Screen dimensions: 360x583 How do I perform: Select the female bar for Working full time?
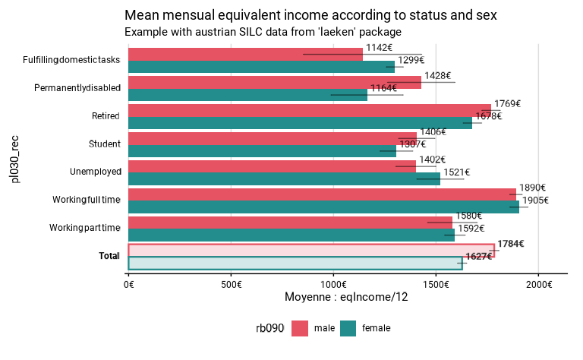click(323, 207)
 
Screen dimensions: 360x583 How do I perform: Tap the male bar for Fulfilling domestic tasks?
click(245, 54)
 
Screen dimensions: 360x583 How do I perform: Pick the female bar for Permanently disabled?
click(247, 95)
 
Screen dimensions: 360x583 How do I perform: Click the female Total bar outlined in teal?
click(295, 263)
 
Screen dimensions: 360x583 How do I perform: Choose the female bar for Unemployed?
click(284, 179)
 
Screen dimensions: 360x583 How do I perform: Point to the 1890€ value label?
click(532, 188)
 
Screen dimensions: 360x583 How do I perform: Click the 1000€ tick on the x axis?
click(333, 284)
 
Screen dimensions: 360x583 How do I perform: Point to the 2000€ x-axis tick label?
click(538, 284)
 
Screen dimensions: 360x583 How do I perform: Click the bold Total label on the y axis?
click(110, 256)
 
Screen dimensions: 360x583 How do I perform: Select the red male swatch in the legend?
click(300, 328)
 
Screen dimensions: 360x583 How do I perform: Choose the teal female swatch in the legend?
click(348, 328)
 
